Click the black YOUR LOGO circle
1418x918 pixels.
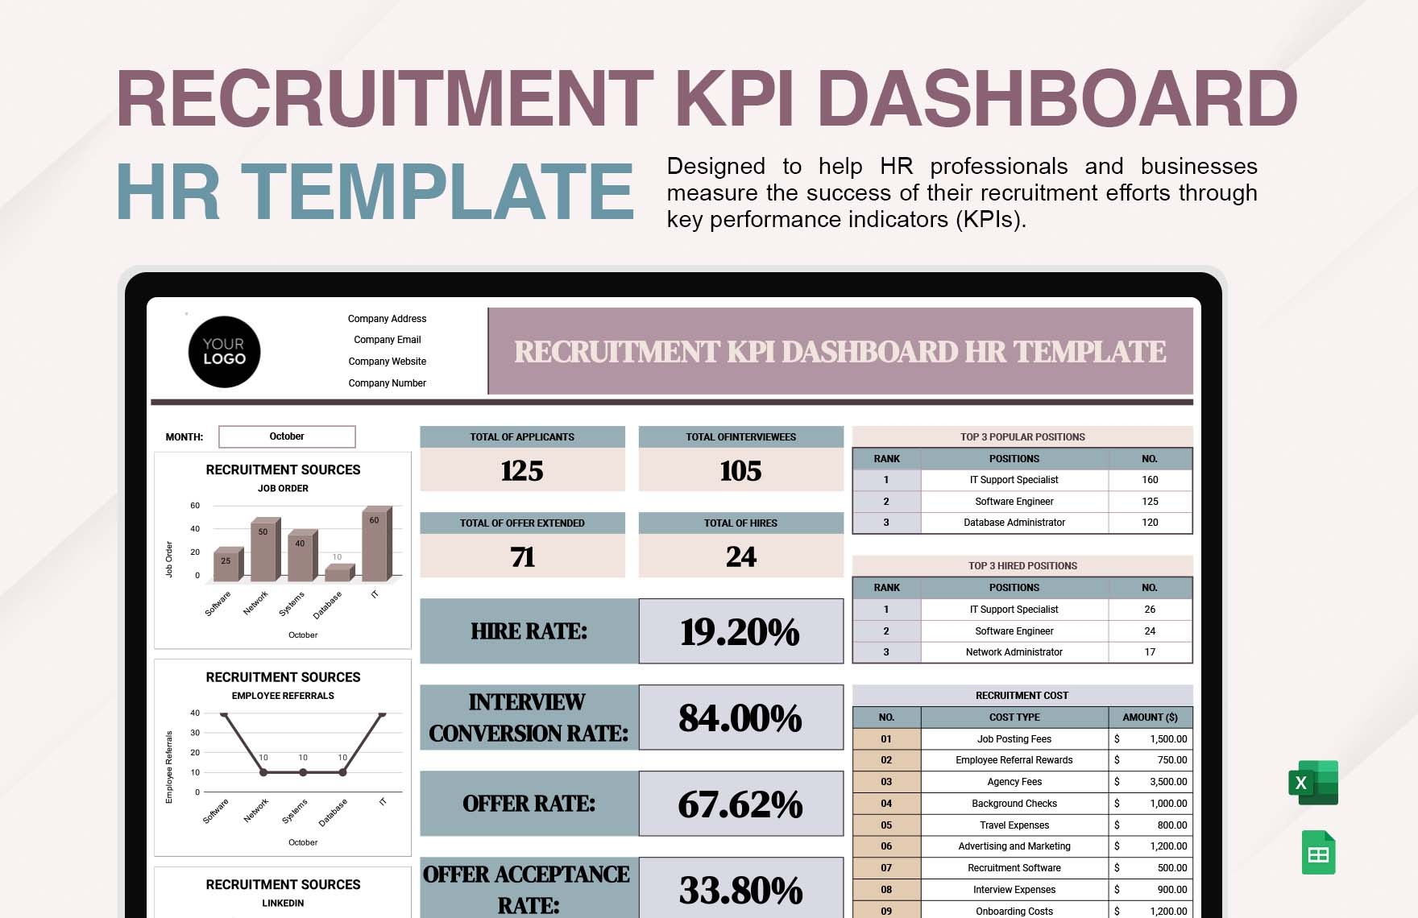tap(224, 352)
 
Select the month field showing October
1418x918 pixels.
tap(287, 436)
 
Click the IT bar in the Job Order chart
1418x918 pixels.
tap(375, 544)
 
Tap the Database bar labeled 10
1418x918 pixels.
tap(338, 573)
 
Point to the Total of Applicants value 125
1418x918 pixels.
tap(522, 470)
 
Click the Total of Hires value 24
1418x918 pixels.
tap(740, 556)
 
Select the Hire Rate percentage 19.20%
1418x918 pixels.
tap(740, 631)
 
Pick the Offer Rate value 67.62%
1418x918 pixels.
tap(740, 804)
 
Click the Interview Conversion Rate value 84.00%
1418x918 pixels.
tap(740, 717)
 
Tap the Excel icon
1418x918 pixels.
tap(1312, 783)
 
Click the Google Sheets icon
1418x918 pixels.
tap(1318, 852)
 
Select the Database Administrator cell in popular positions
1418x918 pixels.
tap(1014, 523)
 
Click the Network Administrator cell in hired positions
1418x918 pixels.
tap(1014, 652)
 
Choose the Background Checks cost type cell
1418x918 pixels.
tap(1014, 804)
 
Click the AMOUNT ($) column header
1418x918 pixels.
tap(1150, 717)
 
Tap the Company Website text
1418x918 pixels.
tap(387, 362)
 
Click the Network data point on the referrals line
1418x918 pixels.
tap(263, 772)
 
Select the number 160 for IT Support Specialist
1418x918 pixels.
tap(1150, 480)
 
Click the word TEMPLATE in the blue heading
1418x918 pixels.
tap(437, 192)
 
